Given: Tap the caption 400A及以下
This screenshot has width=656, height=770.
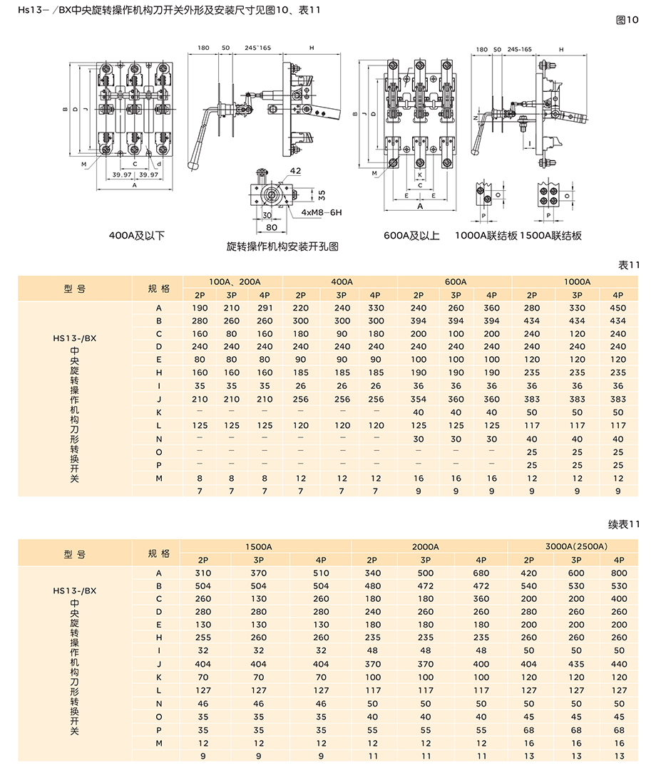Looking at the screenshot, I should [137, 235].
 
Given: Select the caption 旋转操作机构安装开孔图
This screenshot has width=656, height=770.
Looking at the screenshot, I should [282, 246].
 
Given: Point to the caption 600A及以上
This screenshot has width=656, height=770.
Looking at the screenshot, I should [411, 235].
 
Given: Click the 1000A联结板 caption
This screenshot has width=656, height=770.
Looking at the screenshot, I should [486, 235].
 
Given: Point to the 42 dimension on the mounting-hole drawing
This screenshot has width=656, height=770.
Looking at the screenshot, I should [295, 172].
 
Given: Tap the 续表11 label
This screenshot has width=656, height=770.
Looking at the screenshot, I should [625, 524].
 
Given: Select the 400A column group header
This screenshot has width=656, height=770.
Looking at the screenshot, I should [342, 281].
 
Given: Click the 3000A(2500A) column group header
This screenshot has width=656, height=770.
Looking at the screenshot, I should [576, 546].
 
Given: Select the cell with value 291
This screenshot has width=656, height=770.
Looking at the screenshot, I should [265, 308].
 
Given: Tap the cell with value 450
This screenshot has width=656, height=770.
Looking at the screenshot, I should [618, 308].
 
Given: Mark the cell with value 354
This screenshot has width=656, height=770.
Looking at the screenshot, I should [419, 399].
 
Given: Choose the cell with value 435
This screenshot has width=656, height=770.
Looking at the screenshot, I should [577, 664].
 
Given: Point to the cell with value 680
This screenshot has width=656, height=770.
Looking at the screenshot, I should [481, 573].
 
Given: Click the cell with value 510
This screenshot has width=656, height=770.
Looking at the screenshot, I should [322, 573].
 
